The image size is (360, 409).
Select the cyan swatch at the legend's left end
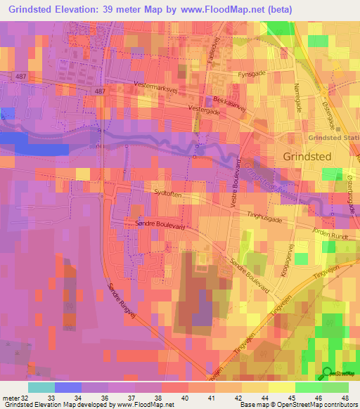pyautogui.click(x=41, y=387)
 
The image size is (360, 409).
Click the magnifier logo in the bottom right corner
pyautogui.click(x=328, y=373)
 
